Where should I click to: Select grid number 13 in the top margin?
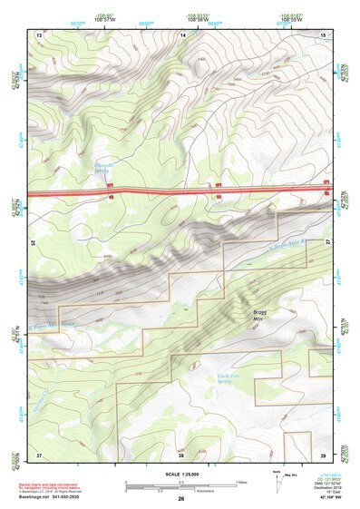(39, 34)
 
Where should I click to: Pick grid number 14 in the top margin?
(184, 34)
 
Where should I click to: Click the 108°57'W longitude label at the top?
(105, 18)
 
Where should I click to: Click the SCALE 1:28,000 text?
(180, 476)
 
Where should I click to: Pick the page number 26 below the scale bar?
(180, 500)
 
